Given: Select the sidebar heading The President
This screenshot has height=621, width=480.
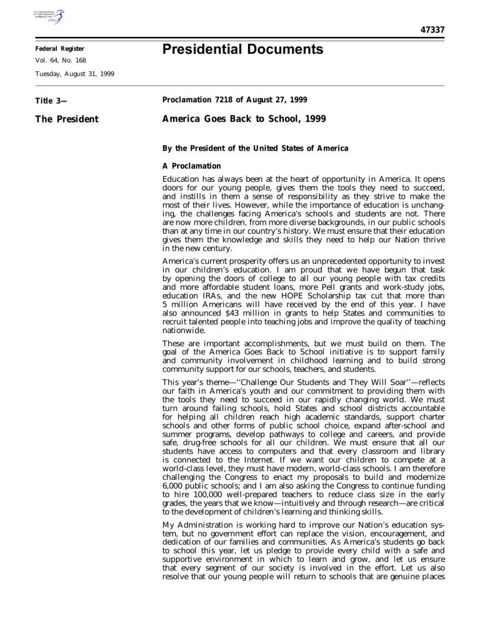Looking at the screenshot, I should [62, 116].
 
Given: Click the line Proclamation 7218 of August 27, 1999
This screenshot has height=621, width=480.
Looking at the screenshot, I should [221, 97].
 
